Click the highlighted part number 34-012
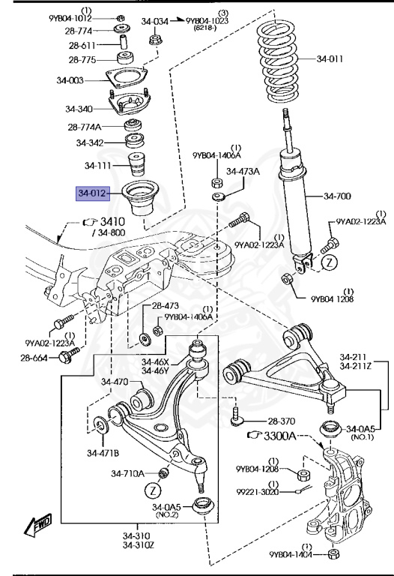tap(93, 193)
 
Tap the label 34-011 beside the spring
tap(330, 58)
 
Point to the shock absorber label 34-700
tap(337, 196)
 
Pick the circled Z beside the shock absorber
tap(330, 262)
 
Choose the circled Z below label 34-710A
tap(153, 490)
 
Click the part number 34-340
tap(79, 109)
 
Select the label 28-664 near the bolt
tap(34, 358)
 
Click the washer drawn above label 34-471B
tap(100, 425)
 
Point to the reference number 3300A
tap(279, 436)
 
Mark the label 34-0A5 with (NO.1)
tap(360, 429)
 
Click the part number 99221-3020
tap(258, 492)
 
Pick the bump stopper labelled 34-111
tap(136, 165)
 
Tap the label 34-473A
tap(243, 171)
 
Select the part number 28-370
tap(282, 421)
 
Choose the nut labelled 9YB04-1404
tap(333, 554)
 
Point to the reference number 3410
tap(112, 222)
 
